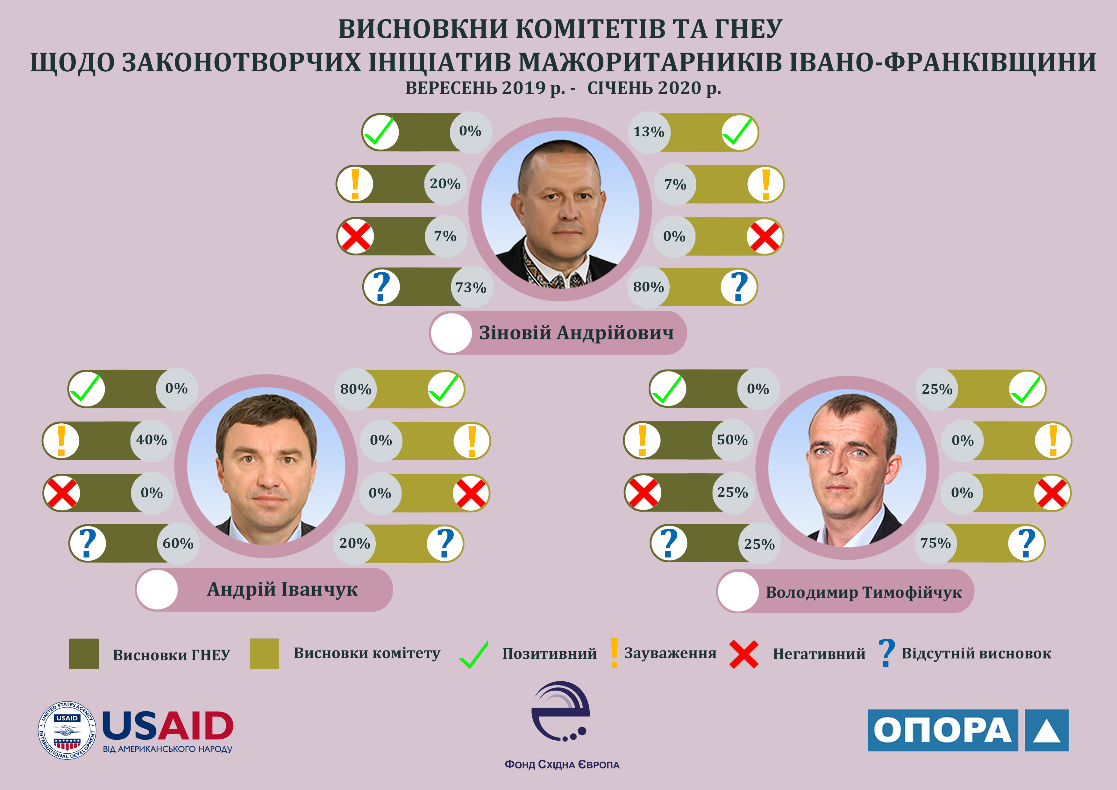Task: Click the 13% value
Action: [649, 132]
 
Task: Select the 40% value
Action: [151, 440]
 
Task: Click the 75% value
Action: [935, 543]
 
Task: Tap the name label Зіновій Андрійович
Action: [577, 333]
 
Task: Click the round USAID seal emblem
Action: [67, 730]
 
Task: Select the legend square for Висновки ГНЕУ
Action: [84, 654]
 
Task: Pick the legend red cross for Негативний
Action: [744, 655]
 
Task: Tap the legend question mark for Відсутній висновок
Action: [886, 654]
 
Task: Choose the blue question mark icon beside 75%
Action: [1027, 543]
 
